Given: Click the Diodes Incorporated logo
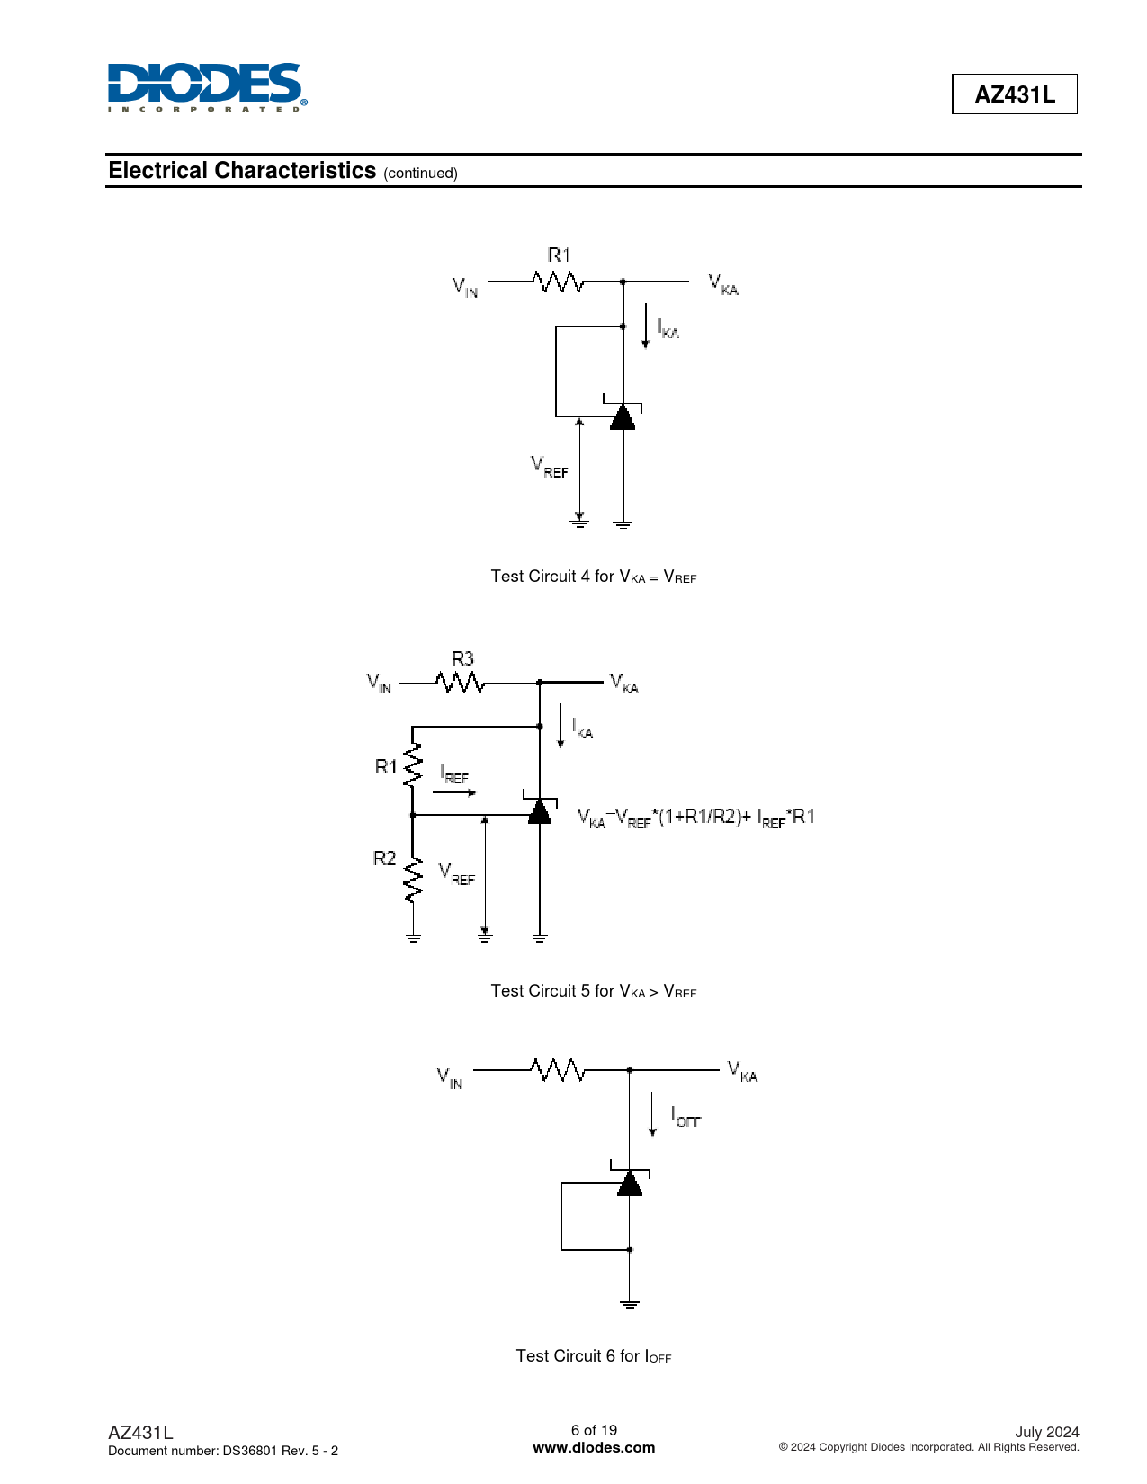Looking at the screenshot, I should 206,87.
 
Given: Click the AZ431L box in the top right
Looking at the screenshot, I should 1014,94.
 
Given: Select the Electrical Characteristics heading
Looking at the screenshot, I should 242,171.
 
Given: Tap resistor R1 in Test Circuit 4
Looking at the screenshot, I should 559,282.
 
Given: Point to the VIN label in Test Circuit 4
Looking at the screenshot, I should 465,287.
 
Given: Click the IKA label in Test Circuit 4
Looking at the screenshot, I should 668,329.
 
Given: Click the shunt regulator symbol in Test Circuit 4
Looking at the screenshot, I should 623,416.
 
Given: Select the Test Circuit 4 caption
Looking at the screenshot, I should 593,577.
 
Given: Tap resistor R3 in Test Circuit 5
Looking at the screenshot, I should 461,683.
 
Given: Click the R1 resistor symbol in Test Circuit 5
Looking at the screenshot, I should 413,765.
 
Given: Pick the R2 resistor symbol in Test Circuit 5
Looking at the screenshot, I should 413,879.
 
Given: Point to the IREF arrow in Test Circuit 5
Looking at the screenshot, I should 454,792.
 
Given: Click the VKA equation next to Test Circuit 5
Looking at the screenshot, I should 695,817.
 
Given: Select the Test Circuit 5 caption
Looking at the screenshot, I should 593,991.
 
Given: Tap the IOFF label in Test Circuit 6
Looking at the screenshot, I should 686,1118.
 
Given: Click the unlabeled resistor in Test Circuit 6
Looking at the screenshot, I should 558,1070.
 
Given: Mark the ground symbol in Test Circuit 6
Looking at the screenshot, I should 630,1303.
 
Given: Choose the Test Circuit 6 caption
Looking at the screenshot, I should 593,1356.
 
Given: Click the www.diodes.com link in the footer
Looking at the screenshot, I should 594,1448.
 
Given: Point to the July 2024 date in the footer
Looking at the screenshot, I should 1046,1432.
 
